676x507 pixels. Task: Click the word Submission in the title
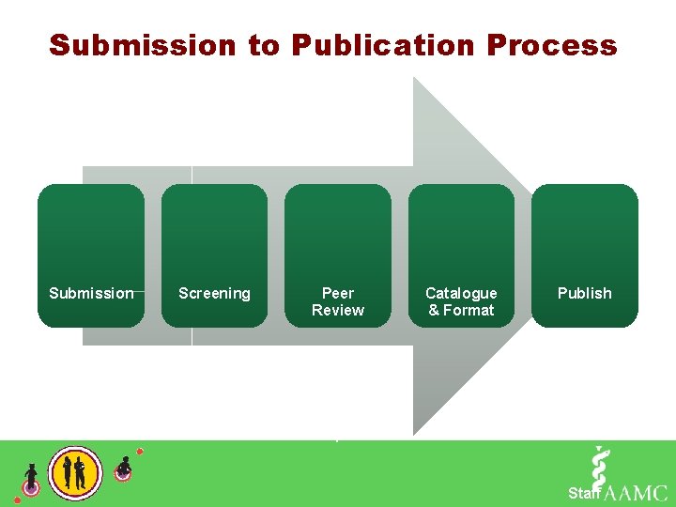click(x=143, y=45)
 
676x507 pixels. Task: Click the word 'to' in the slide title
click(x=265, y=45)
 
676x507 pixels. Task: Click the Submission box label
click(x=91, y=293)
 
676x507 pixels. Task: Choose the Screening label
click(x=214, y=293)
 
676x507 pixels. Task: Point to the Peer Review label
click(x=338, y=301)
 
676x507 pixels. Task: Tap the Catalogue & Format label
click(x=461, y=301)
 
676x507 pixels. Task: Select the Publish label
click(x=584, y=293)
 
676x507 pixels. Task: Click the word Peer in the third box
click(x=338, y=293)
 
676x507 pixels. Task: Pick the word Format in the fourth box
click(x=469, y=310)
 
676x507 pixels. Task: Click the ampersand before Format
click(x=434, y=310)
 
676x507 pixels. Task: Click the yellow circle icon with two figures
click(x=75, y=471)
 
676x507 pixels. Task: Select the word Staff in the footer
click(x=584, y=493)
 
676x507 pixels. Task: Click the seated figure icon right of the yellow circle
click(x=123, y=468)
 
